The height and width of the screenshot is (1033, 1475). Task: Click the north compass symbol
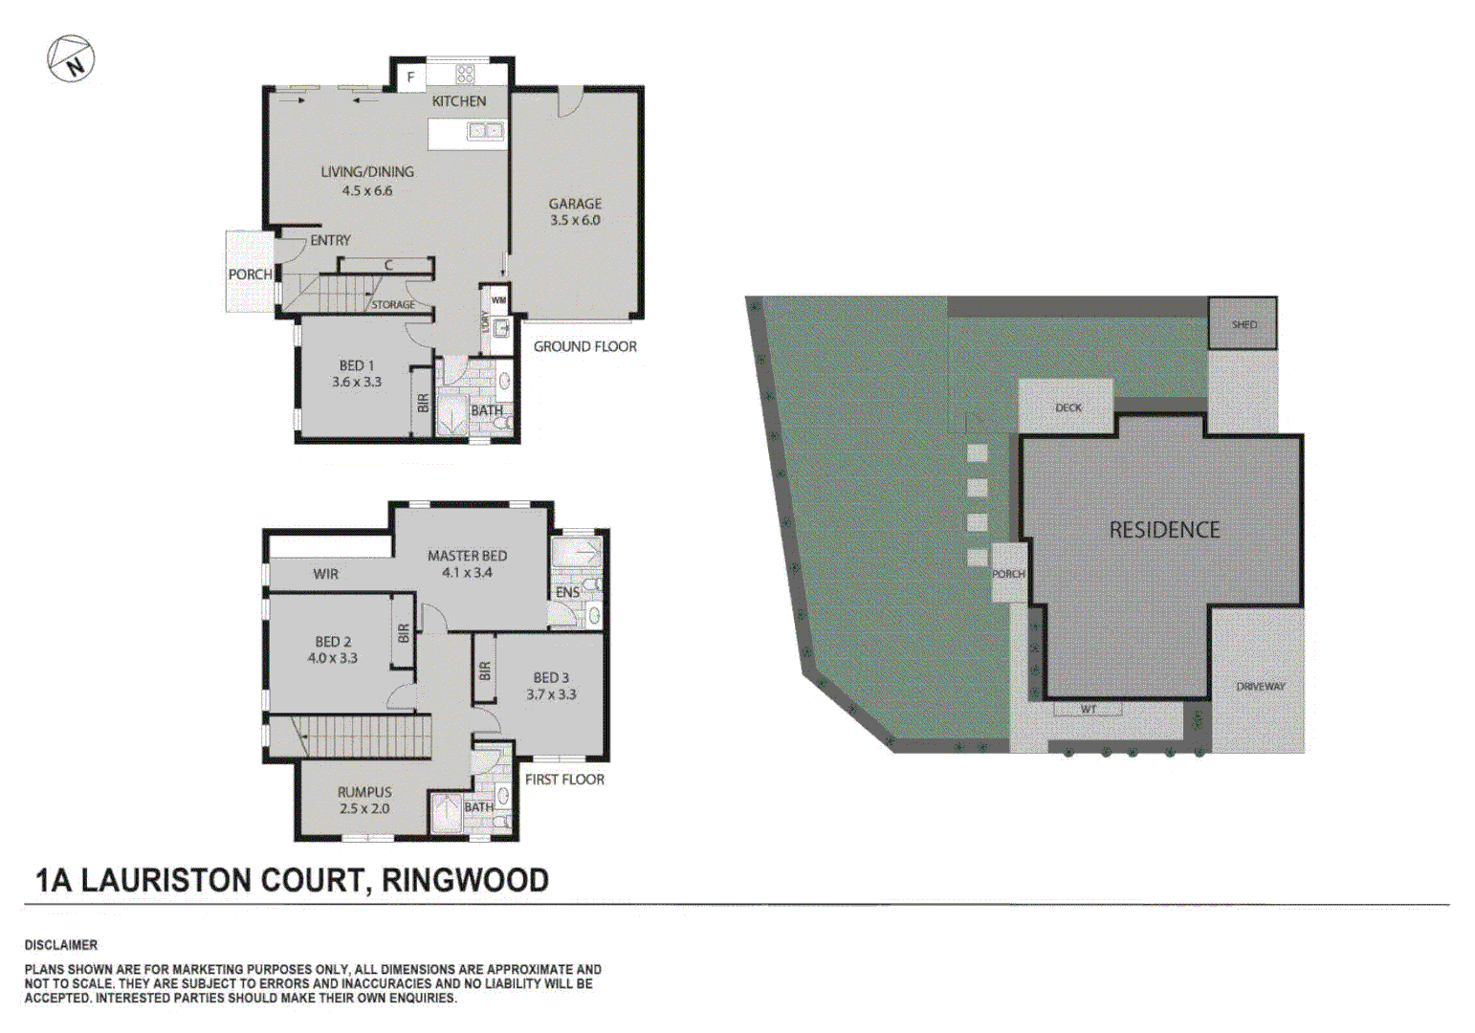click(x=71, y=59)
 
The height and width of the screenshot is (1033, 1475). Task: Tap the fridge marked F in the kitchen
click(x=410, y=77)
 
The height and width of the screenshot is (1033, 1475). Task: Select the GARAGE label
click(x=575, y=204)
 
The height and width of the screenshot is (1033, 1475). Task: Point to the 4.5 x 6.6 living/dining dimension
click(x=367, y=190)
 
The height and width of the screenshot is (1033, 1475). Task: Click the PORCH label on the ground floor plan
click(x=250, y=275)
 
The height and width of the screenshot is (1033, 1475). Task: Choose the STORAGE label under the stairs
click(x=393, y=304)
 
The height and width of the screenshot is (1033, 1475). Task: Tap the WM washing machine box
click(x=498, y=299)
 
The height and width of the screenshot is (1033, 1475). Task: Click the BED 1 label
click(x=357, y=365)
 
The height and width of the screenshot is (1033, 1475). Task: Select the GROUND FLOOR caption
click(x=584, y=346)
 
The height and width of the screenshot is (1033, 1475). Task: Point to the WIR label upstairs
click(x=325, y=574)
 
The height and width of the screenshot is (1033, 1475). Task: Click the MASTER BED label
click(x=467, y=556)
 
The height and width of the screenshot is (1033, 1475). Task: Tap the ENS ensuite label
click(x=567, y=592)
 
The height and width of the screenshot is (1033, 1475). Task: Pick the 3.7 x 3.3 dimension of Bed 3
click(x=551, y=694)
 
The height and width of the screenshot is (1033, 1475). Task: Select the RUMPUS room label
click(x=364, y=792)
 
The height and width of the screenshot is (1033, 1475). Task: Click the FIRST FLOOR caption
click(x=564, y=780)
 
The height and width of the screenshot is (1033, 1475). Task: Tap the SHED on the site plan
click(x=1244, y=324)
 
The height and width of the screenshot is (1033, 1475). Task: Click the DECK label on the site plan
click(x=1068, y=407)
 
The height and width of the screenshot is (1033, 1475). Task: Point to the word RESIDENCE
click(x=1164, y=530)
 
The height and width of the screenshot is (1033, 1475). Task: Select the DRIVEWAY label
click(x=1260, y=687)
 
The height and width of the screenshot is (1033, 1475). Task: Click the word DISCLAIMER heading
click(x=61, y=945)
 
